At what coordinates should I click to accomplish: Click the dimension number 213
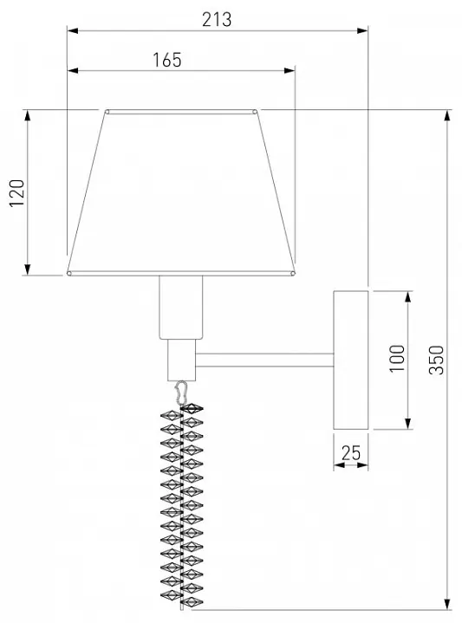[217, 19]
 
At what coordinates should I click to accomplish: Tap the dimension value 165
[167, 60]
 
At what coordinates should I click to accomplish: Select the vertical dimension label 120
[17, 193]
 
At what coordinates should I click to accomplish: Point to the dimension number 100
[397, 359]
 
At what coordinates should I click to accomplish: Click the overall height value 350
[436, 360]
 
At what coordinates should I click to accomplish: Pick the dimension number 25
[351, 452]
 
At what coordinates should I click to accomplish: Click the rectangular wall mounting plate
[351, 360]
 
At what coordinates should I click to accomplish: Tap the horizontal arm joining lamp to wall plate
[264, 360]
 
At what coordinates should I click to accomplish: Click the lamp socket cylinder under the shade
[181, 308]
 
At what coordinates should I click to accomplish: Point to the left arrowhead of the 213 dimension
[73, 30]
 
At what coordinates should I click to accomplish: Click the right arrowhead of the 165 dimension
[290, 71]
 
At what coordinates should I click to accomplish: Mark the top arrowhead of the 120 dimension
[28, 115]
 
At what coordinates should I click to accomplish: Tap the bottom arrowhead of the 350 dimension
[447, 604]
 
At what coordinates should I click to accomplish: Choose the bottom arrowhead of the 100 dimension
[408, 424]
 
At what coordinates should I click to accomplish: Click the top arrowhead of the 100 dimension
[408, 296]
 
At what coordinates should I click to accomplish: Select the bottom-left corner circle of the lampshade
[69, 273]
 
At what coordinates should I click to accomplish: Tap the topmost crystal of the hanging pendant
[192, 407]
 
